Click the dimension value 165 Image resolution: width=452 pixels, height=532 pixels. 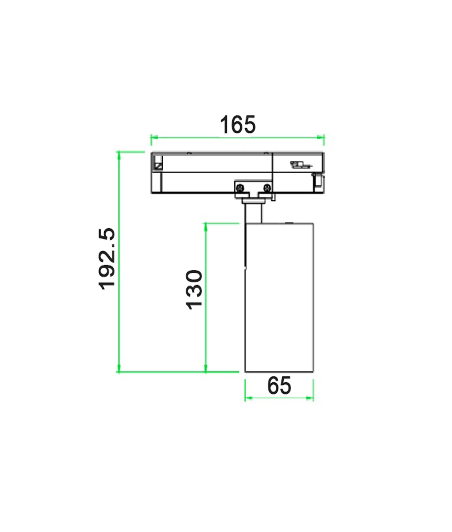tap(238, 125)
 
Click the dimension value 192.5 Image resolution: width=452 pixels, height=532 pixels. tap(107, 259)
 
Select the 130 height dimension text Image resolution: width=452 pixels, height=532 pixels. tap(194, 290)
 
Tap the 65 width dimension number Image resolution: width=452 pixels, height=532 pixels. tap(279, 385)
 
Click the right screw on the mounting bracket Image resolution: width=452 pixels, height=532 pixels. tap(267, 187)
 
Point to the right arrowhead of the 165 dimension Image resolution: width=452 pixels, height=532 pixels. tap(321, 137)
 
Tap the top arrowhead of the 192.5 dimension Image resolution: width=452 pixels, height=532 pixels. tap(119, 155)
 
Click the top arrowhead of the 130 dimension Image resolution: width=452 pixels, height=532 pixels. tap(206, 226)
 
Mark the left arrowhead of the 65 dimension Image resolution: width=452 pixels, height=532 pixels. tap(248, 398)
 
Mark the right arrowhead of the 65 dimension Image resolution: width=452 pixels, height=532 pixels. tap(310, 398)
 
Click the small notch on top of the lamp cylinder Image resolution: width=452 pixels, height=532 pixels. tap(289, 222)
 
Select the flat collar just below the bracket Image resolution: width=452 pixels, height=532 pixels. tap(253, 201)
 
